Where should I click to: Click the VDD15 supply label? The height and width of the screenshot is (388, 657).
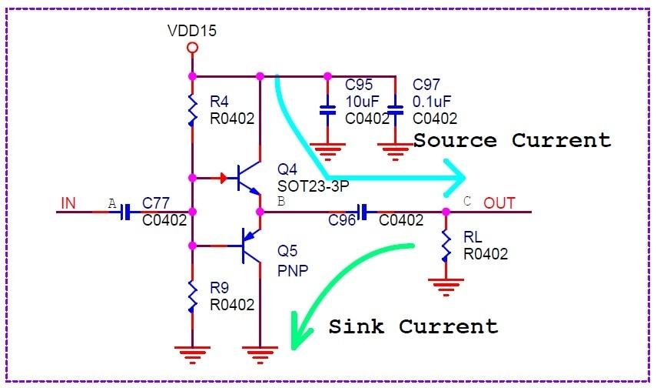pyautogui.click(x=192, y=32)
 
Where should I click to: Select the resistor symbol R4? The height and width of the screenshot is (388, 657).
pyautogui.click(x=192, y=109)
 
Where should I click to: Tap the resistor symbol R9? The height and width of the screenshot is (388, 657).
pyautogui.click(x=192, y=296)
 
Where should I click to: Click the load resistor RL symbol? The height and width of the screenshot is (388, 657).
pyautogui.click(x=446, y=246)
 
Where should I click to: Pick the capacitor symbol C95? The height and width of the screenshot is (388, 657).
pyautogui.click(x=327, y=110)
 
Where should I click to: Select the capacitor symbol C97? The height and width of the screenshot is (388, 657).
pyautogui.click(x=395, y=110)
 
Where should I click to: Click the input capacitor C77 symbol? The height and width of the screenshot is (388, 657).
pyautogui.click(x=126, y=211)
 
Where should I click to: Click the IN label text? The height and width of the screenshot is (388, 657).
pyautogui.click(x=68, y=203)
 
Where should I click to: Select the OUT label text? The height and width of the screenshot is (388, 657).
pyautogui.click(x=499, y=203)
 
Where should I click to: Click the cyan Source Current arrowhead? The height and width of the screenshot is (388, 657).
pyautogui.click(x=456, y=178)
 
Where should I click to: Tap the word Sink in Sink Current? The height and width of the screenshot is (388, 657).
pyautogui.click(x=357, y=326)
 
